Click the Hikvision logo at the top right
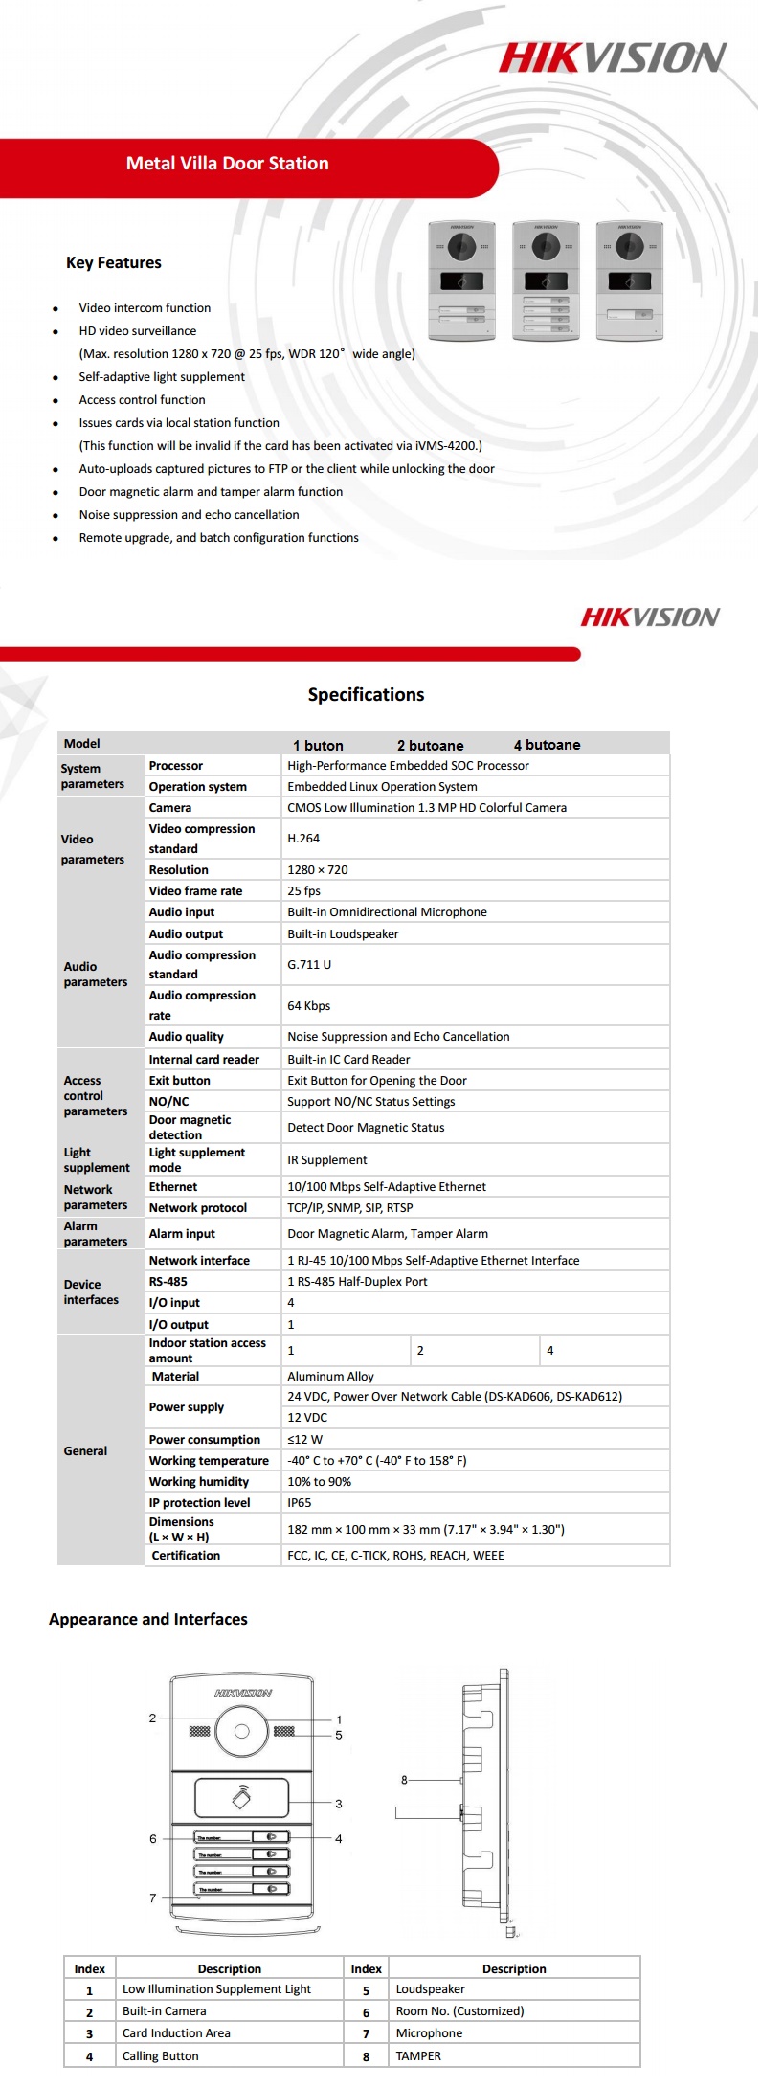613,57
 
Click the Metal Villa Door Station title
227,164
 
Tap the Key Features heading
113,262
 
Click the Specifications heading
366,695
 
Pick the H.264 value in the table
303,839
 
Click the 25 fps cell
303,891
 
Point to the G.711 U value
309,965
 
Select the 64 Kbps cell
308,1006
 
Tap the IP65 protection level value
300,1503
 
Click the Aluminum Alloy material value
330,1377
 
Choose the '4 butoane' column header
547,745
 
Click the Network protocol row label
197,1208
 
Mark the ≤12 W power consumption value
304,1440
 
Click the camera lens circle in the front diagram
242,1731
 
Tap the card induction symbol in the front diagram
242,1799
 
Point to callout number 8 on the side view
404,1780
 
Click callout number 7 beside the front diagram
152,1897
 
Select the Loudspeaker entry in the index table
430,1989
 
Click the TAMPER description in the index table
418,2055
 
